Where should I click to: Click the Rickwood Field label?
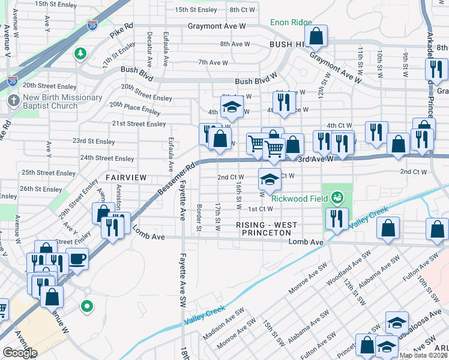point(300,199)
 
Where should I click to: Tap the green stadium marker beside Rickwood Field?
point(338,197)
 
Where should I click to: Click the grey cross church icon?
point(13,100)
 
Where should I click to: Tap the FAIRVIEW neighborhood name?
point(126,178)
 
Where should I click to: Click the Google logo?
point(20,353)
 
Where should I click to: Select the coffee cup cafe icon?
point(77,259)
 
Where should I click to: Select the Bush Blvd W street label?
point(255,81)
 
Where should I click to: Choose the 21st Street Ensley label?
point(139,124)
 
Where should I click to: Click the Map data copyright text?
point(423,355)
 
